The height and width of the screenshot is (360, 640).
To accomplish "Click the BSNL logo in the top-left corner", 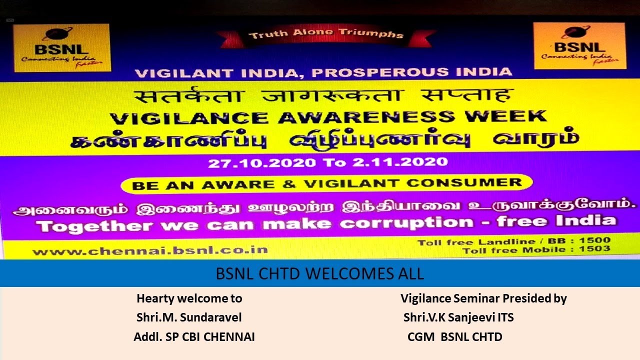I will pos(61,48).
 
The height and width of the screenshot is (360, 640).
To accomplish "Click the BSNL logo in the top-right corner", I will pos(579,46).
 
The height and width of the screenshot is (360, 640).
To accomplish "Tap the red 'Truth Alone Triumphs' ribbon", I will pos(325,35).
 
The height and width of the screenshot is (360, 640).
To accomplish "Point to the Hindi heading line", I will pos(325,95).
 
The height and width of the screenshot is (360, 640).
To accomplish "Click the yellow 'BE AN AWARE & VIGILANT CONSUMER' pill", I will pos(326,184).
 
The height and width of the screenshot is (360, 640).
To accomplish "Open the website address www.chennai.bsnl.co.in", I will pos(150,250).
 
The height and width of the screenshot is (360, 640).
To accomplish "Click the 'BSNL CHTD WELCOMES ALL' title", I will pos(319,274).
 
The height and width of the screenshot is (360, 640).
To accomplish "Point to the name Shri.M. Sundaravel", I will pos(189,317).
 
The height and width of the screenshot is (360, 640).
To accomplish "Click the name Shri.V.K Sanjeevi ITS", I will pos(458,317).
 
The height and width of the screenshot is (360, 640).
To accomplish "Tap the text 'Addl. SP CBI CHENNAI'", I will pos(194,337).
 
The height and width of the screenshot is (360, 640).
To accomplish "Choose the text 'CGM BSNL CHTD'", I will pos(454,337).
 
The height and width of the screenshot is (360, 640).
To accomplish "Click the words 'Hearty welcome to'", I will pos(189,298).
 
